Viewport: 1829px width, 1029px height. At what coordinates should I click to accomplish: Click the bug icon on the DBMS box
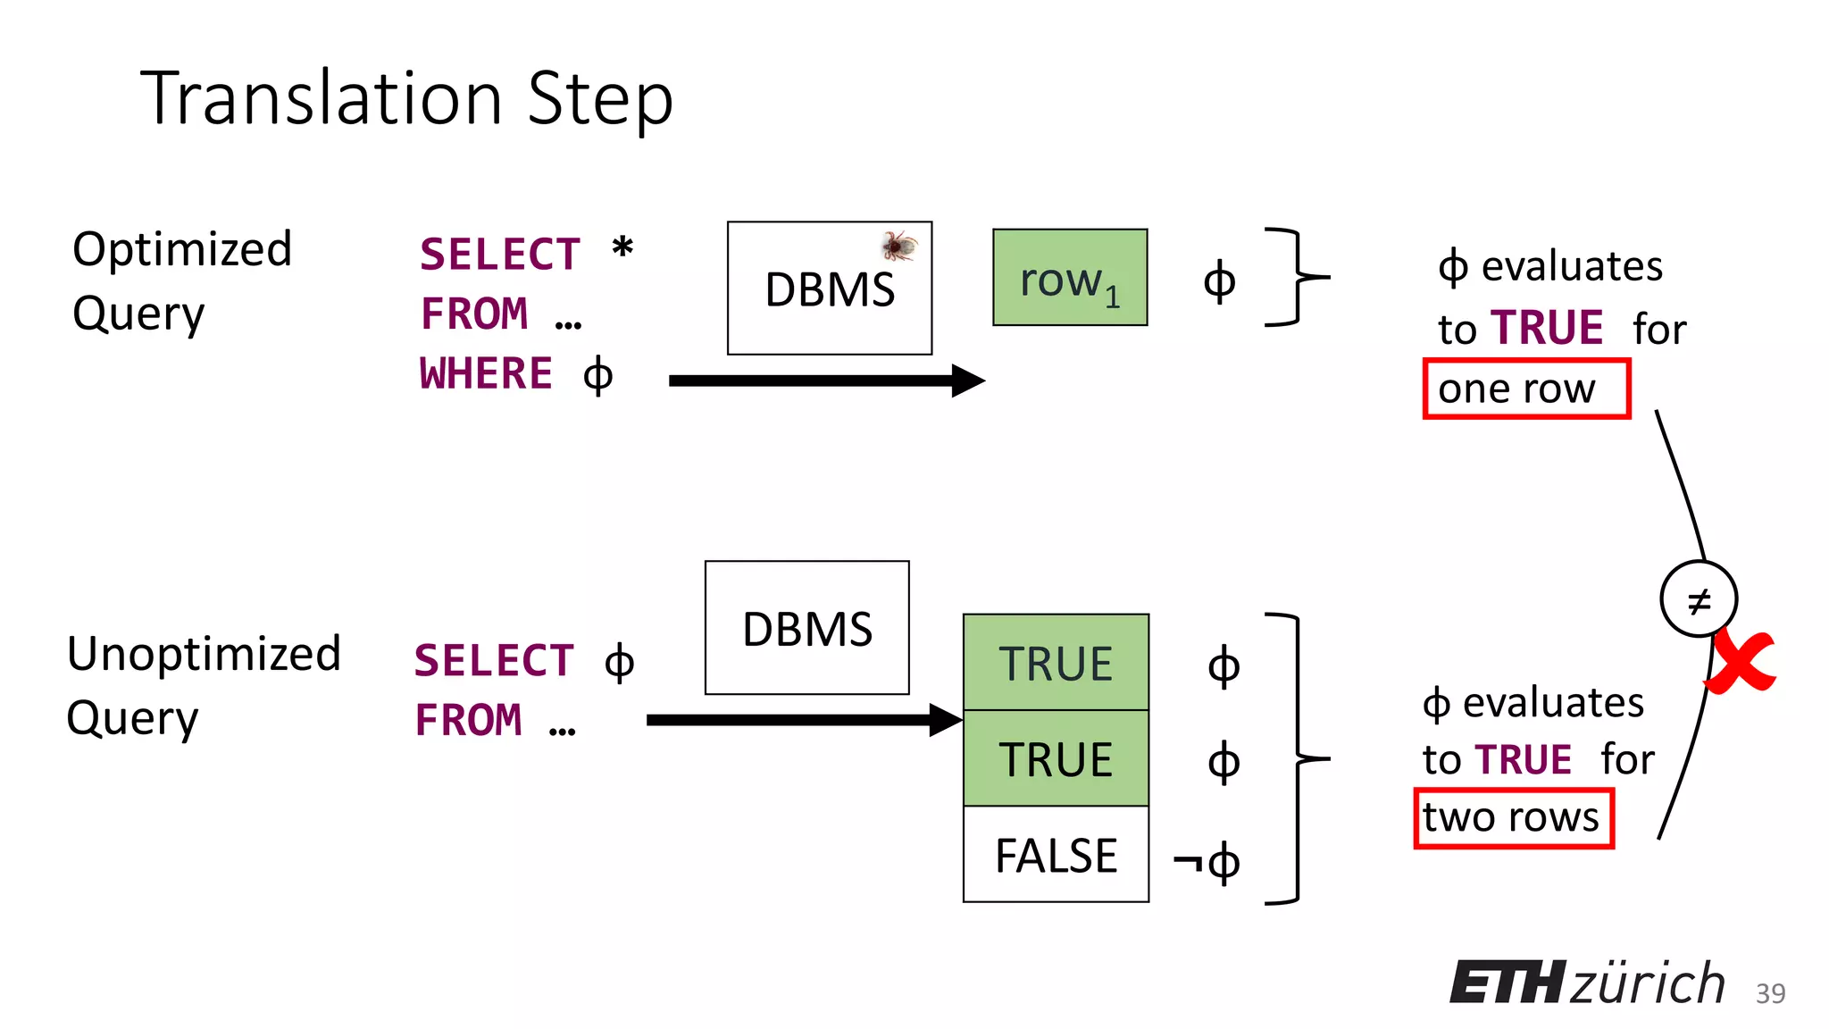point(899,245)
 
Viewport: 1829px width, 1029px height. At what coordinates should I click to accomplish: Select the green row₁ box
point(1069,278)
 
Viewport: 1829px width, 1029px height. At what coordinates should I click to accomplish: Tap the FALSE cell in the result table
point(1056,855)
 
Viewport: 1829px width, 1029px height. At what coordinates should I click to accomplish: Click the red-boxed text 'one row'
point(1525,389)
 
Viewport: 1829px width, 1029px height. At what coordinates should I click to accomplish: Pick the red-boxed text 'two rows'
point(1514,817)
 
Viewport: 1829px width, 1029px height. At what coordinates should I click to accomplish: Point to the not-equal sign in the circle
point(1699,599)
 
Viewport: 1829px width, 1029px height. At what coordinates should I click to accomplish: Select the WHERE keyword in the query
point(487,373)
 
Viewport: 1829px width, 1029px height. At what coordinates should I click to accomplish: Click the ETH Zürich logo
point(1587,983)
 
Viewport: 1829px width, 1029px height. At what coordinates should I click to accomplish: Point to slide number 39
point(1770,993)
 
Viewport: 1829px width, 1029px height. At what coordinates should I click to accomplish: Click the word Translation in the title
point(322,98)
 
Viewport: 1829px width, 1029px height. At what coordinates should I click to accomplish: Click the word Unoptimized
point(205,654)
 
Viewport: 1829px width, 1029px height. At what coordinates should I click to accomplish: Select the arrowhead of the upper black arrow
point(968,381)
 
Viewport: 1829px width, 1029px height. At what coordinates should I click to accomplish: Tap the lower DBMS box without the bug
point(806,628)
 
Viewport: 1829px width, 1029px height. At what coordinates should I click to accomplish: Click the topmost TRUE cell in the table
point(1056,664)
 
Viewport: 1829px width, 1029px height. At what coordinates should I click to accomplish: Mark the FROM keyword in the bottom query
point(469,720)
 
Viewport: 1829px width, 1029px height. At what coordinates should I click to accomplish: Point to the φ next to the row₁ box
point(1219,281)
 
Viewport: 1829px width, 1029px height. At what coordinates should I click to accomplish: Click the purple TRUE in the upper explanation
point(1547,328)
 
